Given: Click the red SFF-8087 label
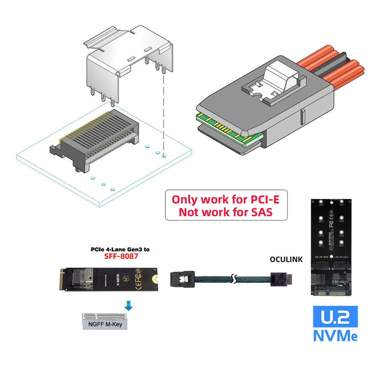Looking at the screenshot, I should (121, 257).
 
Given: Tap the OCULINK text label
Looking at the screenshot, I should (286, 259).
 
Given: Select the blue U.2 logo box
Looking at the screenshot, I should (335, 317).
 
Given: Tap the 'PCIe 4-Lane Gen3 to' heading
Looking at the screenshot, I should (120, 249).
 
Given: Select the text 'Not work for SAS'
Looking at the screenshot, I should (226, 212).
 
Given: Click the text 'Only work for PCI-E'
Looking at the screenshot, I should (226, 199).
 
